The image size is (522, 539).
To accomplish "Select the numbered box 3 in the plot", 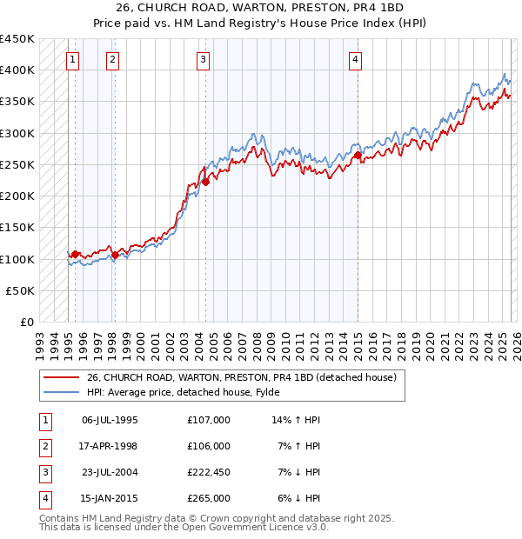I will pyautogui.click(x=203, y=59).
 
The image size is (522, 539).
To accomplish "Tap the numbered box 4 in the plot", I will pyautogui.click(x=356, y=59).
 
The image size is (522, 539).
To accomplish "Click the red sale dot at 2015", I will pyautogui.click(x=358, y=156).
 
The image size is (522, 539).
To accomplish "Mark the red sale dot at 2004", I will pyautogui.click(x=206, y=182).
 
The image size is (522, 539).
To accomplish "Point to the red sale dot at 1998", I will pyautogui.click(x=115, y=256).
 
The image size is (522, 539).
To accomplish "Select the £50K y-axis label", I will pyautogui.click(x=21, y=291).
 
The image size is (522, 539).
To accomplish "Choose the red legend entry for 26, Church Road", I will pyautogui.click(x=242, y=377).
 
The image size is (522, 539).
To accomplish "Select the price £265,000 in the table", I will pyautogui.click(x=209, y=498).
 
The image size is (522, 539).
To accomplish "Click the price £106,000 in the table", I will pyautogui.click(x=209, y=446).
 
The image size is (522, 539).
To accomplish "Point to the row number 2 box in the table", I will pyautogui.click(x=43, y=446).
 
